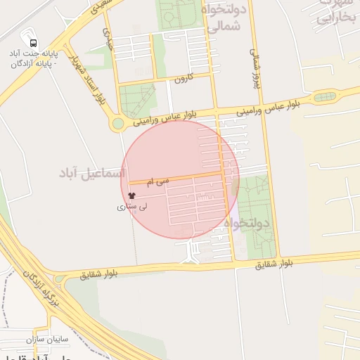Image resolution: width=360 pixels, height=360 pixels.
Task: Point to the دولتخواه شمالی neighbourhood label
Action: pyautogui.click(x=224, y=19)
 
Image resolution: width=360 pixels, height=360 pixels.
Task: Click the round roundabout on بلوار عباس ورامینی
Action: pyautogui.click(x=118, y=124)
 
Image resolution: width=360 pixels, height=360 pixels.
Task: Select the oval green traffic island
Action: pyautogui.click(x=324, y=97)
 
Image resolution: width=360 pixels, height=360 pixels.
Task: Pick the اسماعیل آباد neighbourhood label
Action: pyautogui.click(x=91, y=173)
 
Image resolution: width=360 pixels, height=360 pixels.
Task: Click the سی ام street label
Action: pyautogui.click(x=157, y=181)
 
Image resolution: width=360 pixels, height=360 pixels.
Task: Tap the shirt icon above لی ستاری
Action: pyautogui.click(x=131, y=196)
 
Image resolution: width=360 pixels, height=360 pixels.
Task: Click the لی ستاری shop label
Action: pyautogui.click(x=132, y=207)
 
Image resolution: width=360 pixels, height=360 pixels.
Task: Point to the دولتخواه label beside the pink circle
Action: pyautogui.click(x=247, y=224)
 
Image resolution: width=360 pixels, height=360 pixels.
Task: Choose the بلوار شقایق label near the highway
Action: pyautogui.click(x=101, y=271)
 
